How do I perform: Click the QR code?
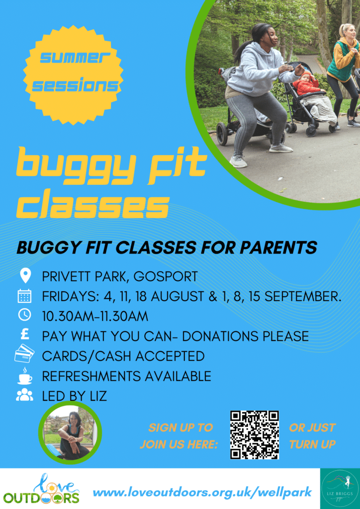[x=255, y=434]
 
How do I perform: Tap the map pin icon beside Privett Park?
[x=25, y=276]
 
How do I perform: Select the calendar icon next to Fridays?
[x=25, y=296]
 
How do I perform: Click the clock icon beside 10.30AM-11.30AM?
[x=25, y=315]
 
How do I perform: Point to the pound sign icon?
[x=25, y=335]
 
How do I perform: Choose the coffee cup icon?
[x=25, y=376]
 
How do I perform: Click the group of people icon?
[x=25, y=395]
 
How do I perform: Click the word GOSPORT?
[x=165, y=277]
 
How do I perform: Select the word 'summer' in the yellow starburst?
[x=74, y=59]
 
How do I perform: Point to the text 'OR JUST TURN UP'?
[x=312, y=436]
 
